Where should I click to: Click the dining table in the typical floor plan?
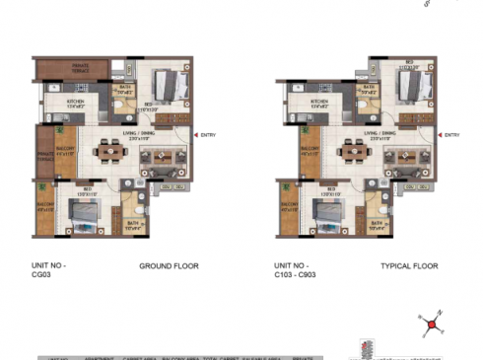click(351, 153)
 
